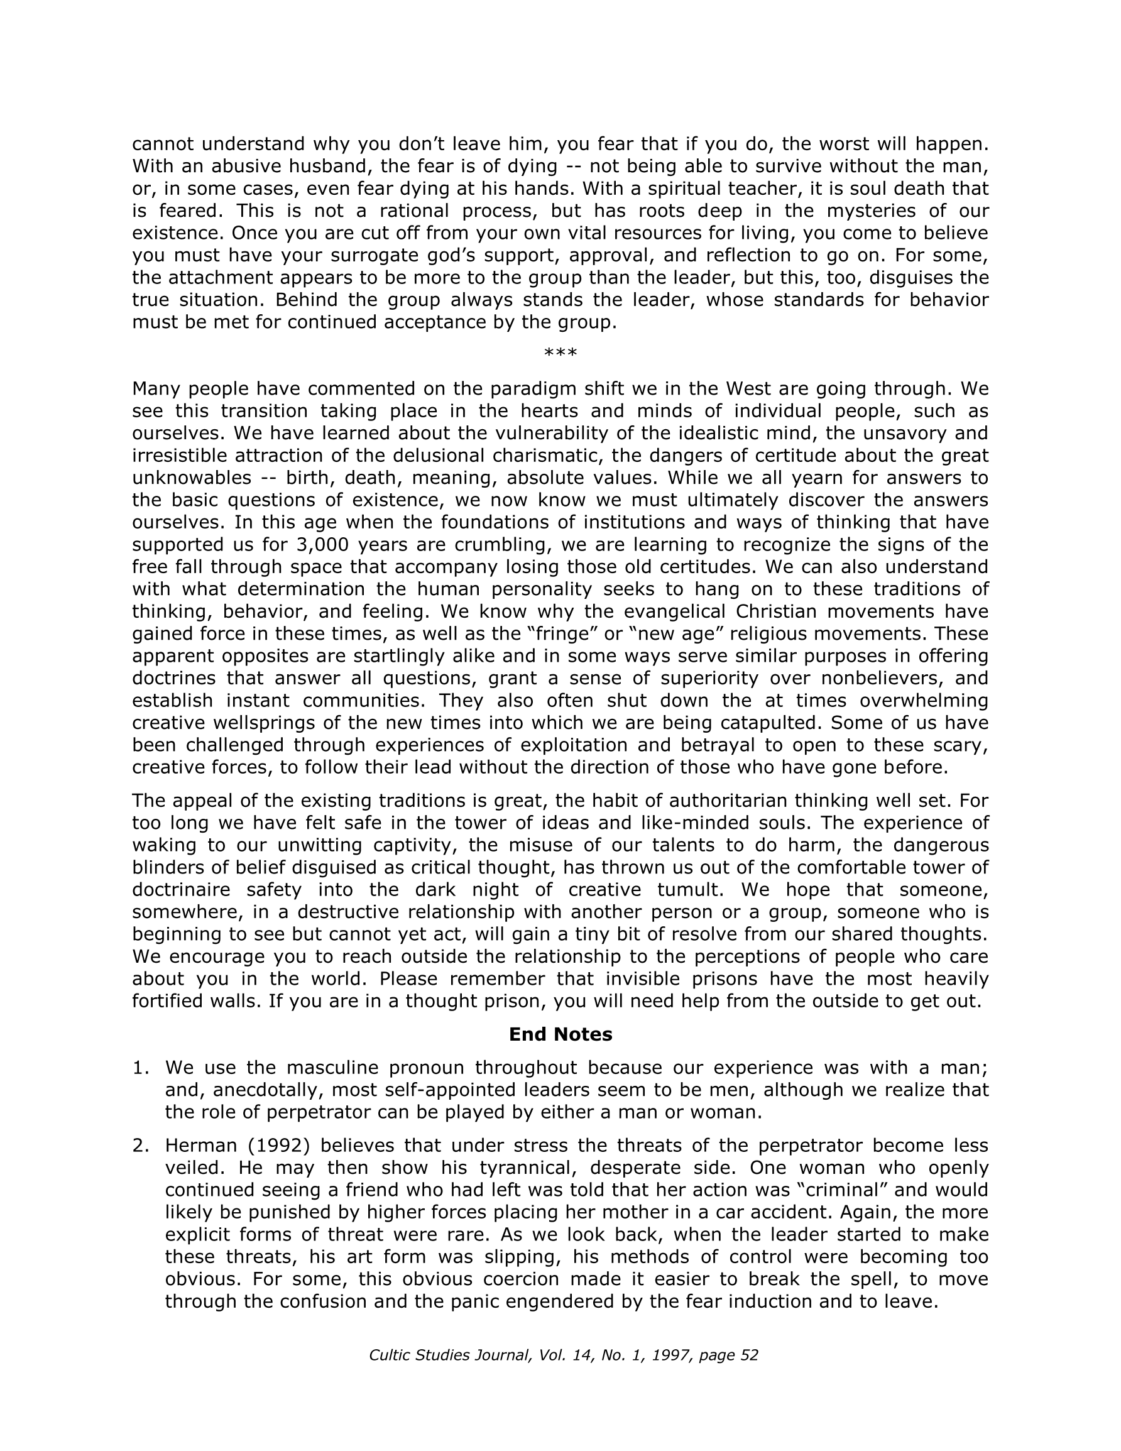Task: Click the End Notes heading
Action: click(560, 1034)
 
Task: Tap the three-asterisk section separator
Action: click(560, 353)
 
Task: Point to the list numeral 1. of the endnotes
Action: click(141, 1068)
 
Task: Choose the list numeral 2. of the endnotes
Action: click(141, 1146)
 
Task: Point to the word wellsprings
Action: click(282, 723)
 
